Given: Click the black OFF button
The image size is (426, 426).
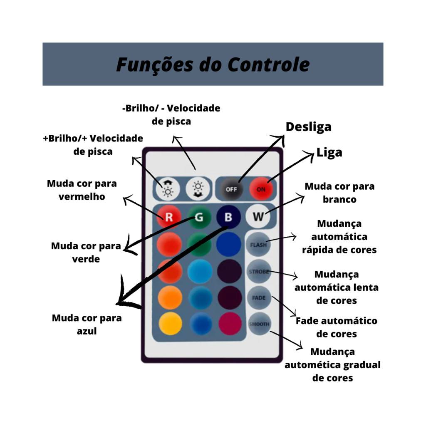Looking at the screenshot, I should [232, 189].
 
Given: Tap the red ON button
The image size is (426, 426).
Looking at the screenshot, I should [261, 189].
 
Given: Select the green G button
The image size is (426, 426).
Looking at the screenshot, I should [199, 217].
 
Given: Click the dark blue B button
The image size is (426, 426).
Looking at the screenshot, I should [228, 217].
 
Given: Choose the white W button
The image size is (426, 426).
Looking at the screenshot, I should [258, 217].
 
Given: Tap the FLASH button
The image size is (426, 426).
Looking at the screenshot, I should [258, 245].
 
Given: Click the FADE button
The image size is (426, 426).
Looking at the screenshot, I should [259, 298].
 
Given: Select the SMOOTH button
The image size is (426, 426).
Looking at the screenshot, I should [259, 324].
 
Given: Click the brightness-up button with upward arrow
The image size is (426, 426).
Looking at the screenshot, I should [168, 189].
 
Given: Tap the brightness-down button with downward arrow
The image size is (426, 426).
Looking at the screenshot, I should [197, 189].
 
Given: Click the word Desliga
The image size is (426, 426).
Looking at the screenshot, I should [308, 126].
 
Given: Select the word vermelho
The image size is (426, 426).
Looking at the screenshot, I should [82, 196].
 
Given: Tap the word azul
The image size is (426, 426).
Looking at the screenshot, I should [87, 331].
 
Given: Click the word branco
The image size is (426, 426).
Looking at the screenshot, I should [339, 199].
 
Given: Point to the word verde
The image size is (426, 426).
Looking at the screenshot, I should [86, 259].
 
